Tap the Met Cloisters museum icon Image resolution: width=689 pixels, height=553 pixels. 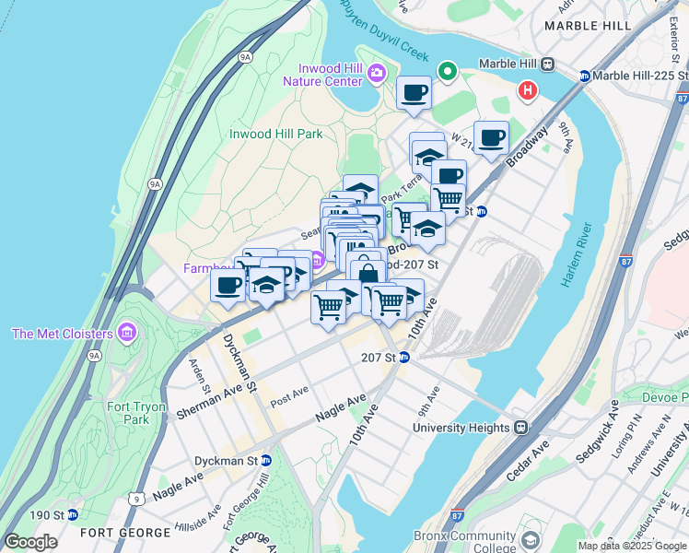[127, 333]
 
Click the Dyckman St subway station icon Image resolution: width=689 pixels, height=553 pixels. [266, 460]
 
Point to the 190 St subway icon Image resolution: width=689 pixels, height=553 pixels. [72, 514]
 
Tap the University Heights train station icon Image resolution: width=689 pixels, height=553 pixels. [521, 428]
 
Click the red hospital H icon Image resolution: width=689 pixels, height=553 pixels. [527, 90]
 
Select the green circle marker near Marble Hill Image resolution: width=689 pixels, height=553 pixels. [448, 70]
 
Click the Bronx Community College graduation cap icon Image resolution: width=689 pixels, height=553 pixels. [530, 540]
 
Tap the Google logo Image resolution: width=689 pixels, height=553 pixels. [30, 542]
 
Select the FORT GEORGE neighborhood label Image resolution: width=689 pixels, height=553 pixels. [125, 533]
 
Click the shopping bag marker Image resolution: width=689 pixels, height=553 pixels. [368, 273]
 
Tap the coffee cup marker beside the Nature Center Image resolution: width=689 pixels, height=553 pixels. [414, 92]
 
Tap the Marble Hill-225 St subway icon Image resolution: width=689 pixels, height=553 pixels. [584, 76]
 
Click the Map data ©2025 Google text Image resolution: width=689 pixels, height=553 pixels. [632, 546]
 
